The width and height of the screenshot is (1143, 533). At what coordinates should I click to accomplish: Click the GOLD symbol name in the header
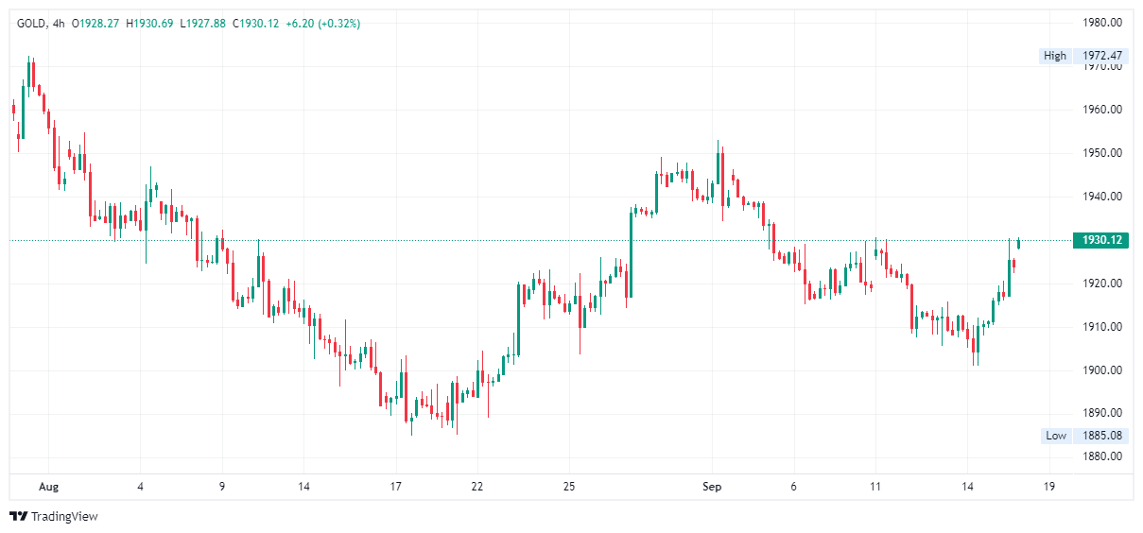(x=32, y=23)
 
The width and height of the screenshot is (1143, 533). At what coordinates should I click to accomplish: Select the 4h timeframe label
(x=60, y=23)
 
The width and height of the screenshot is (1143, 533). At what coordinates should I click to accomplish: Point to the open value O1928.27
(x=100, y=23)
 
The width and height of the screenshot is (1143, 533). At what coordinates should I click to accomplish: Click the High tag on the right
(x=1055, y=56)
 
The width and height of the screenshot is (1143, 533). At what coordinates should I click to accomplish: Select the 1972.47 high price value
(x=1101, y=56)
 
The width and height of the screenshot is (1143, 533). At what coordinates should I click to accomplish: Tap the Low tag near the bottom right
(x=1056, y=436)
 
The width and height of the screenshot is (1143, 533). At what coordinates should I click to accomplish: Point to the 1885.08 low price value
(x=1101, y=436)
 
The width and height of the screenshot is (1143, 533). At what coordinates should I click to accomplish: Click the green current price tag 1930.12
(x=1101, y=240)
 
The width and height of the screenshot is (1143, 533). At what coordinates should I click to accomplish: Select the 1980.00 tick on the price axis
(x=1101, y=23)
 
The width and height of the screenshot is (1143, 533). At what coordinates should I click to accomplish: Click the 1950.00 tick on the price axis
(x=1101, y=153)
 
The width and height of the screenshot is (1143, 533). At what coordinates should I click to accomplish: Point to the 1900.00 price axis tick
(x=1101, y=370)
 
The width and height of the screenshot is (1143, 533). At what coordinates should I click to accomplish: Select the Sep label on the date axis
(x=712, y=487)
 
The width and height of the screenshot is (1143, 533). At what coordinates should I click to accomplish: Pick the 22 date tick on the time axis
(x=477, y=487)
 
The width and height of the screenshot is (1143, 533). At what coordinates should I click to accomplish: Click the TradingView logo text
(x=63, y=517)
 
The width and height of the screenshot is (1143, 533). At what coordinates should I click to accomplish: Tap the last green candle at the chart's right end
(x=1018, y=244)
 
